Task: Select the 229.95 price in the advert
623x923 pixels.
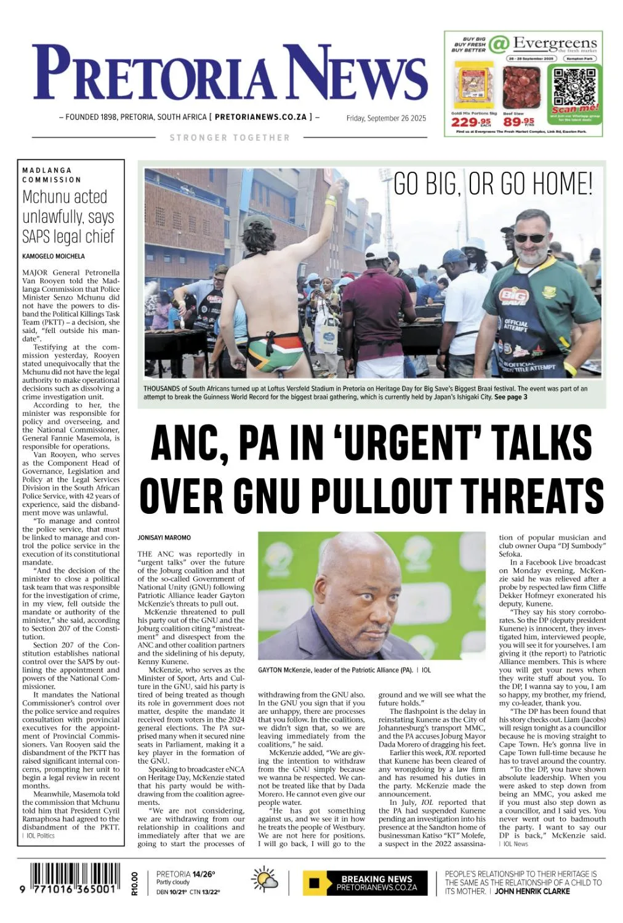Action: point(470,122)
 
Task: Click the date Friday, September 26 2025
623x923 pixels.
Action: point(386,118)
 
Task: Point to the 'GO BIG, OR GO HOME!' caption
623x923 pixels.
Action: point(492,183)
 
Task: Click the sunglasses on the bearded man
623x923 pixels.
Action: point(529,238)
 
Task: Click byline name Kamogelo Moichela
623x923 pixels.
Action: point(54,256)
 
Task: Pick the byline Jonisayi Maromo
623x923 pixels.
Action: point(164,538)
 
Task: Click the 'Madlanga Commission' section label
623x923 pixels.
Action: point(52,175)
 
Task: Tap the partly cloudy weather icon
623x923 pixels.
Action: point(265,882)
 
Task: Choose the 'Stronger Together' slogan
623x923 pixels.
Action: point(230,138)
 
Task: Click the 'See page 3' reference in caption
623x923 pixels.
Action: point(510,397)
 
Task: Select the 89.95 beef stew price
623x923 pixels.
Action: point(519,122)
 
